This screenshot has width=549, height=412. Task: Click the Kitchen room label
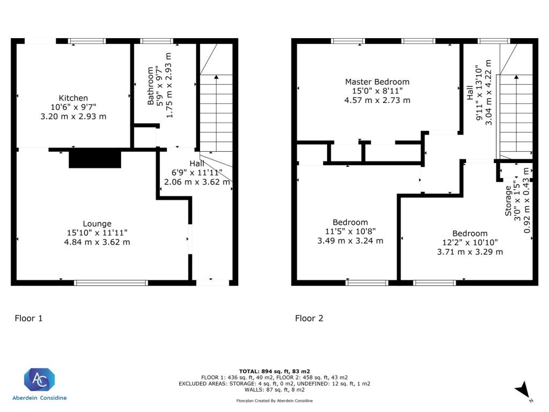(x=73, y=98)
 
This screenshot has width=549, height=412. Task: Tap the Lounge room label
(x=97, y=224)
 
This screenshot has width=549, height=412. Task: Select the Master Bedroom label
(x=377, y=82)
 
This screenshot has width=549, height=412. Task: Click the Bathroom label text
(x=151, y=86)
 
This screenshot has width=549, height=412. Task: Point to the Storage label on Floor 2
(x=508, y=201)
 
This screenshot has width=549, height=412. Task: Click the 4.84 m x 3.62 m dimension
(x=97, y=242)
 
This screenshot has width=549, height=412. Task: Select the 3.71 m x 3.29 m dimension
(x=470, y=252)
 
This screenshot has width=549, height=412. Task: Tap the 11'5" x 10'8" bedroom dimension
(x=350, y=231)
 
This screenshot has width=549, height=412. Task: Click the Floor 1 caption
(x=29, y=319)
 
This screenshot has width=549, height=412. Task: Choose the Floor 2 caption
(x=309, y=319)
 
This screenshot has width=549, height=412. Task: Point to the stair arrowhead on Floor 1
(x=217, y=77)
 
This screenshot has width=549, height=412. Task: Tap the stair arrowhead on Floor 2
(x=516, y=77)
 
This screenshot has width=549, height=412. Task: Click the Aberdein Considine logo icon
(x=39, y=380)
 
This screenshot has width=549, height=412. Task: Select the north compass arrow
(x=523, y=389)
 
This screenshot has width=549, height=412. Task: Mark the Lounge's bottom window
(x=110, y=283)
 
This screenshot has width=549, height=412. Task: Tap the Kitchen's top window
(x=87, y=41)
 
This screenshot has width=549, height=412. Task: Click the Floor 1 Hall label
(x=197, y=164)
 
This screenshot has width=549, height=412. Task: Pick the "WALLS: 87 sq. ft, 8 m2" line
(x=274, y=389)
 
